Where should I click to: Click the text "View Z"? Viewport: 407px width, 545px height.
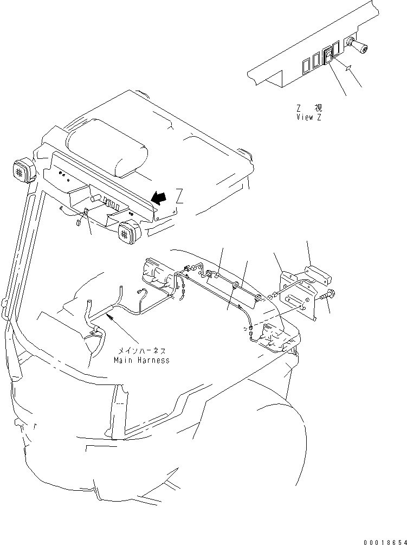pos(308,117)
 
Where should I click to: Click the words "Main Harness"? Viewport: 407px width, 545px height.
pos(141,360)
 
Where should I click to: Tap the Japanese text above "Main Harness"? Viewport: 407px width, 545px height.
pos(141,351)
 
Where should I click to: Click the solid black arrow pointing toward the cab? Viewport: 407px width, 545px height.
pos(158,199)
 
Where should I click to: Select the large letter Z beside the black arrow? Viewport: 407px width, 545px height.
pos(179,197)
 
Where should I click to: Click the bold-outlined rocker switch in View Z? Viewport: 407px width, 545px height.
pos(328,55)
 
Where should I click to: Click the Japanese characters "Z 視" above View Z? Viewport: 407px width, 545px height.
pos(308,108)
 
